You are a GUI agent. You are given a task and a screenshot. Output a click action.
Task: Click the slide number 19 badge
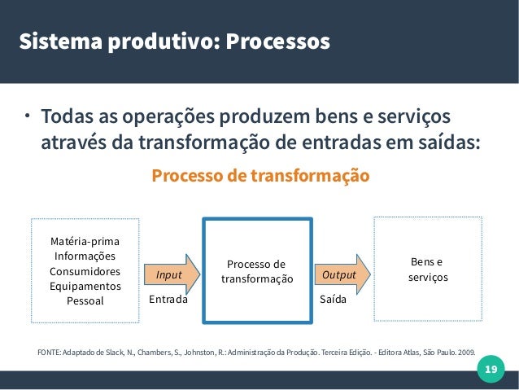point(490,370)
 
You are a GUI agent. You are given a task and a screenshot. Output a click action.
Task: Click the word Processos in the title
point(278,41)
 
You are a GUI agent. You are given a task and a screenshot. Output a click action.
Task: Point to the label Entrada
point(168,300)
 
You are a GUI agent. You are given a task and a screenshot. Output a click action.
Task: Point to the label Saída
point(333,300)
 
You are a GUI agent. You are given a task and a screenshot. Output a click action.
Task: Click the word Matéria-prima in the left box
point(84,242)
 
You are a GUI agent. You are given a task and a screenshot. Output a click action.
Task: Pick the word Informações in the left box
point(85,256)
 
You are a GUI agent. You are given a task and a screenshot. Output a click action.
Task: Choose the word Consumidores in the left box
point(85,271)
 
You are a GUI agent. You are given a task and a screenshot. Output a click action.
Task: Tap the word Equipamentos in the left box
point(85,286)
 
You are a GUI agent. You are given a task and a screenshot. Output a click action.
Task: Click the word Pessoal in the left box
point(85,300)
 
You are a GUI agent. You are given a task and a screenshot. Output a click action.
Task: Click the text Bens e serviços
point(428,270)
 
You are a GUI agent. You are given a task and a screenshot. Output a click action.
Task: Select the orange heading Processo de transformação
point(260,176)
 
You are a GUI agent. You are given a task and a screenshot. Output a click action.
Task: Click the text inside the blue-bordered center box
point(257,271)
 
